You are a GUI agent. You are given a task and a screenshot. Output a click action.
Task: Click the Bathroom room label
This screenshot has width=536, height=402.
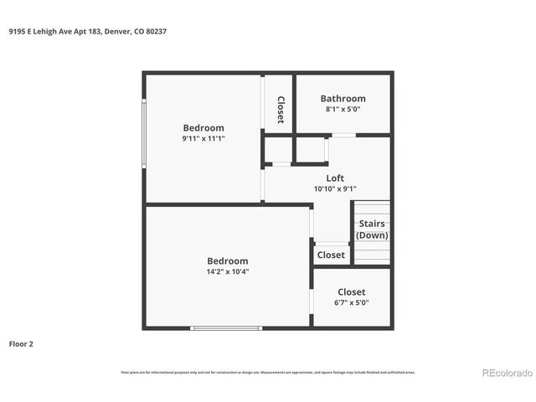(x=343, y=98)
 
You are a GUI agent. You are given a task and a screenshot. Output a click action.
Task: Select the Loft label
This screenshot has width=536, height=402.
(x=335, y=178)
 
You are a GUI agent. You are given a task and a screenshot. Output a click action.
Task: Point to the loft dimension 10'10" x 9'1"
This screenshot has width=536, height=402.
(x=335, y=188)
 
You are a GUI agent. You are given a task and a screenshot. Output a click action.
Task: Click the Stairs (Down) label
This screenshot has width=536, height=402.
(x=372, y=229)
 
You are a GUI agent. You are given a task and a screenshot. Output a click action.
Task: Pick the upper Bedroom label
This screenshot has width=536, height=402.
(x=204, y=128)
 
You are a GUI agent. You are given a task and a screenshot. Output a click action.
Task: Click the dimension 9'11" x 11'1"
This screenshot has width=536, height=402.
(x=204, y=138)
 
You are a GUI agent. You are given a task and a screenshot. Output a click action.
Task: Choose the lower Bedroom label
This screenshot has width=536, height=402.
(x=228, y=260)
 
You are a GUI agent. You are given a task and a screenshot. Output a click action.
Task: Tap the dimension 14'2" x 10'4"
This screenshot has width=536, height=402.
(x=228, y=271)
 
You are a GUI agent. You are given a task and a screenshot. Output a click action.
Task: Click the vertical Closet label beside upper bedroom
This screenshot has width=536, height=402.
(x=281, y=110)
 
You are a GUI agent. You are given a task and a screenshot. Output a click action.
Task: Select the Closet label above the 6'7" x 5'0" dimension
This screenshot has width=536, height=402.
(x=351, y=292)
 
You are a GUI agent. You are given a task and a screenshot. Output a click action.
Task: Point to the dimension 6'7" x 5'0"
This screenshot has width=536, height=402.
(x=351, y=302)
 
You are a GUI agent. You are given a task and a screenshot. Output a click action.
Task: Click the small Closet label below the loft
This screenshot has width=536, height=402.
(x=331, y=255)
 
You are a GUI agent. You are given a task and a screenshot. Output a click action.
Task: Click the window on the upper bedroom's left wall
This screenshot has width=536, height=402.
(x=144, y=134)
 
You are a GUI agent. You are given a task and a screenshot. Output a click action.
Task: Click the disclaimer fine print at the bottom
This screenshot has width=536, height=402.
(x=268, y=372)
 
